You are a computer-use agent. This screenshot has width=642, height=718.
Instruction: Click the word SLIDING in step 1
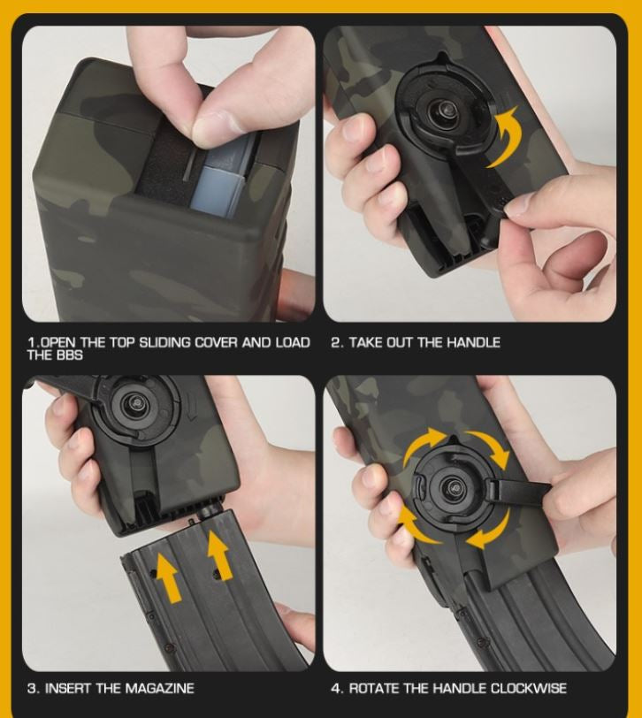pyautogui.click(x=164, y=342)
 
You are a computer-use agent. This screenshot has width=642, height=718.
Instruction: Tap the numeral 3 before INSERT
pyautogui.click(x=32, y=688)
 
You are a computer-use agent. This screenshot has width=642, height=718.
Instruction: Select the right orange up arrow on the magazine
pyautogui.click(x=219, y=555)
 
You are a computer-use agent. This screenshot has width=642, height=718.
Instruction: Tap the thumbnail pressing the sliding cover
pyautogui.click(x=215, y=124)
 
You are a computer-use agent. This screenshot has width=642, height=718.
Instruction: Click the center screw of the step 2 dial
pyautogui.click(x=445, y=110)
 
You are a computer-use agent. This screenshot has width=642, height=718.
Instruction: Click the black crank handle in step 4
pyautogui.click(x=520, y=490)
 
